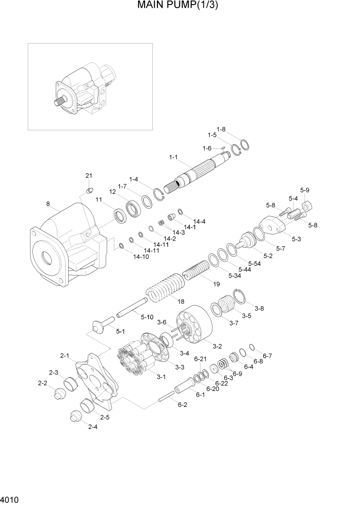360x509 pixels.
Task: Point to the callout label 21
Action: click(89, 177)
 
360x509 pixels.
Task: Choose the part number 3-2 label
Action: click(217, 346)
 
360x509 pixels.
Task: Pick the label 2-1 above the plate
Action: click(65, 355)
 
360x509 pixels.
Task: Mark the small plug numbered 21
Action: click(89, 191)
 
